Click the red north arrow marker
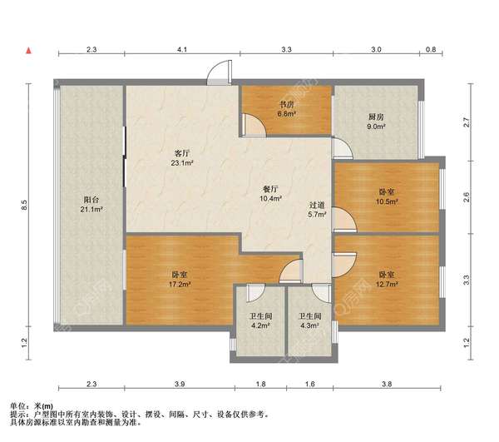pyautogui.click(x=29, y=50)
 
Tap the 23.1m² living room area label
pyautogui.click(x=182, y=163)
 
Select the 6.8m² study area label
pyautogui.click(x=286, y=113)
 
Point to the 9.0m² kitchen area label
pyautogui.click(x=376, y=126)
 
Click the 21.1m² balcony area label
pyautogui.click(x=91, y=209)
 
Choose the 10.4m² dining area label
pyautogui.click(x=270, y=198)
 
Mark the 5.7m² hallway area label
pyautogui.click(x=317, y=214)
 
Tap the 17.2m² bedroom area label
pyautogui.click(x=180, y=284)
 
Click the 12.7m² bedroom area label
pyautogui.click(x=387, y=284)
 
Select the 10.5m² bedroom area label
pyautogui.click(x=387, y=201)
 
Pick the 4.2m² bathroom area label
pyautogui.click(x=260, y=325)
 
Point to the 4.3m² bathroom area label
pyautogui.click(x=309, y=325)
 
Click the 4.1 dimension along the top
pyautogui.click(x=182, y=50)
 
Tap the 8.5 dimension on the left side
pyautogui.click(x=24, y=205)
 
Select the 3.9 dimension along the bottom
pyautogui.click(x=180, y=384)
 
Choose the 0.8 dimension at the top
pyautogui.click(x=431, y=50)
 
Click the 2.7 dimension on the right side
pyautogui.click(x=467, y=122)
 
